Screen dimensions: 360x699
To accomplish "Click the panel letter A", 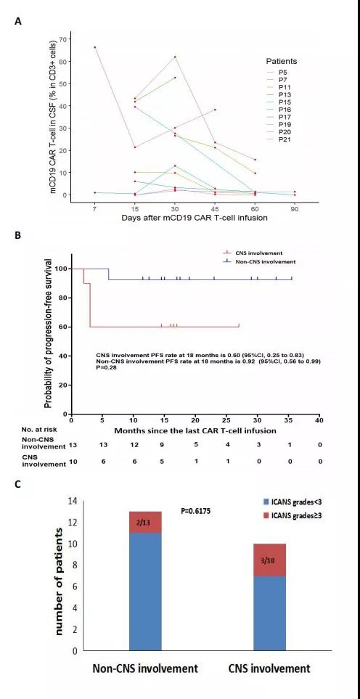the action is (x=17, y=21).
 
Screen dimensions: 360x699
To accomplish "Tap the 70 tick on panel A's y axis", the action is (x=62, y=39).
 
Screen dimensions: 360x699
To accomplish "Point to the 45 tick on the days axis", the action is (x=215, y=208).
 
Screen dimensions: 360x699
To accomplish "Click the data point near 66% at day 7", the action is (x=95, y=47).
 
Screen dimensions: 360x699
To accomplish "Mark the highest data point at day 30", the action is (x=175, y=57).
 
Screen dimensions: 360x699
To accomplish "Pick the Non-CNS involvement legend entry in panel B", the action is (x=260, y=261).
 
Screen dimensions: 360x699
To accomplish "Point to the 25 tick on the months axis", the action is (x=226, y=420).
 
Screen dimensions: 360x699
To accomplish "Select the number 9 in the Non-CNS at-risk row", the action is (x=163, y=445).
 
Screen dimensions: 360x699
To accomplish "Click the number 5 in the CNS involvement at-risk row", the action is (x=163, y=462).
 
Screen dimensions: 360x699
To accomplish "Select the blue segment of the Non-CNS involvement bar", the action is (x=145, y=592).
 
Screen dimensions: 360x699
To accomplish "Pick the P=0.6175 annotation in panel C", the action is (x=195, y=511).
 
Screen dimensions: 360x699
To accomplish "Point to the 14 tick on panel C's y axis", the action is (x=72, y=501).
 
